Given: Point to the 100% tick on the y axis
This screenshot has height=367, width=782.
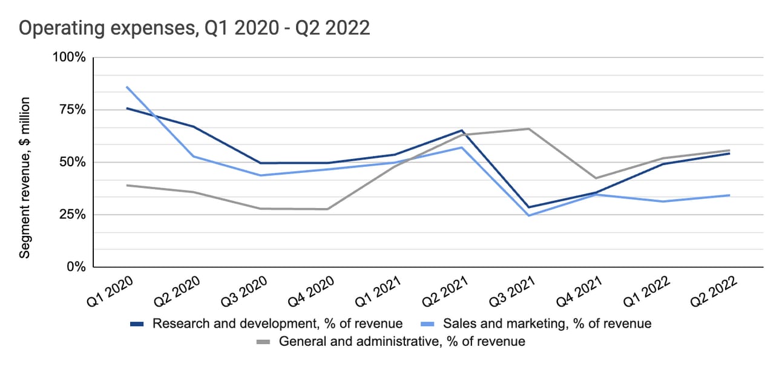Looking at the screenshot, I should (71, 57).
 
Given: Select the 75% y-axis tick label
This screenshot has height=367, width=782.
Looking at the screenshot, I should (73, 110).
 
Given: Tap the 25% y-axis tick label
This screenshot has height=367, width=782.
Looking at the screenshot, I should (73, 215).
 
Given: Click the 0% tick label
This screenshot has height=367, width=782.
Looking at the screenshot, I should (76, 267).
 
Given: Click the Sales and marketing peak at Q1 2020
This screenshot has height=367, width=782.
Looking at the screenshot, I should (126, 87).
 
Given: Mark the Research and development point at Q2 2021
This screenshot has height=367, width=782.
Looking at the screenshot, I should (462, 130).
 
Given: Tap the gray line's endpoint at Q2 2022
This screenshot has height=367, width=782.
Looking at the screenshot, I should (729, 150).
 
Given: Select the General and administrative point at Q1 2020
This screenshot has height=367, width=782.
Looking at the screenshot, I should (126, 185).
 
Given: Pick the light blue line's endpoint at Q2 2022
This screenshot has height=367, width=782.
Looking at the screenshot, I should (729, 195).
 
